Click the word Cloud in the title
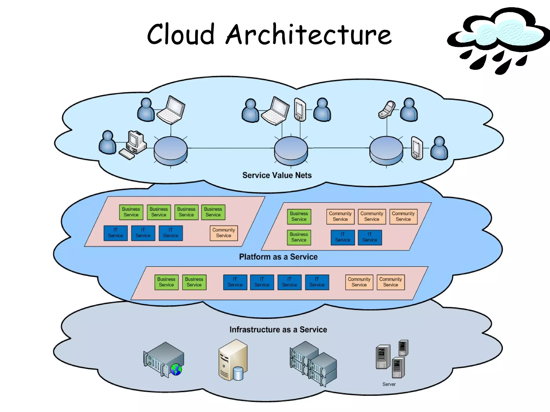180,34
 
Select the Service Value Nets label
277,175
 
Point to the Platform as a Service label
278,257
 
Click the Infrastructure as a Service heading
278,329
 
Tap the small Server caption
389,384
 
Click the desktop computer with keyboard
134,145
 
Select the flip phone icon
387,109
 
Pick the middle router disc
291,150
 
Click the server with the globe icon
164,359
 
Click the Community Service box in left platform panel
224,233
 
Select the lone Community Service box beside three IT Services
224,233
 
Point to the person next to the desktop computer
107,143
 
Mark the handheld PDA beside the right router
417,148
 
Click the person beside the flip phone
409,110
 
